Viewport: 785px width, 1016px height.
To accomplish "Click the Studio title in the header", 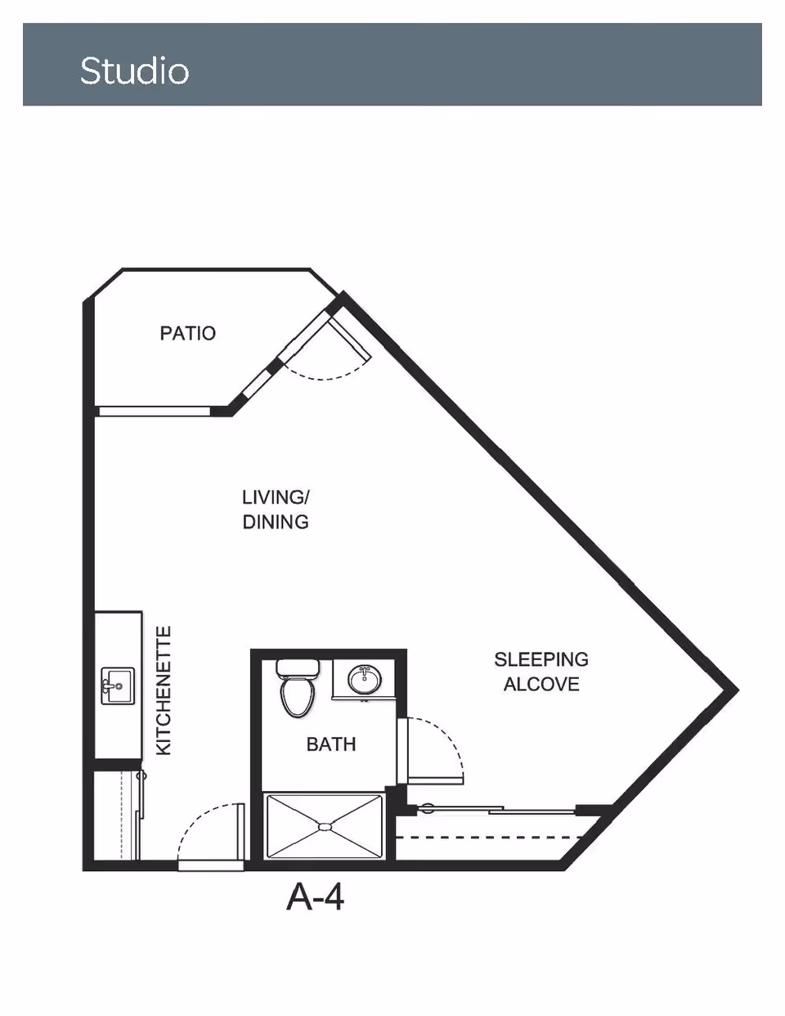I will tap(135, 71).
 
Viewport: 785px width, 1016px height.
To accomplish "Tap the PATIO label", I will tap(187, 333).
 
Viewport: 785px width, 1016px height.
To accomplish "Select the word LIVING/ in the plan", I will tap(276, 497).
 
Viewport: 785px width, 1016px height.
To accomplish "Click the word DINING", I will tap(276, 522).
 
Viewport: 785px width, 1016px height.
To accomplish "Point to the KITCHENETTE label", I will tap(164, 690).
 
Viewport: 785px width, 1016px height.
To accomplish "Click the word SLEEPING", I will tap(541, 659).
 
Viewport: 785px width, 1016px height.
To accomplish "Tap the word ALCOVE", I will tap(541, 684).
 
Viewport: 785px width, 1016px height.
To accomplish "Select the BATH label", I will tap(331, 744).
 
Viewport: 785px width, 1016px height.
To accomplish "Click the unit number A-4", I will tap(316, 897).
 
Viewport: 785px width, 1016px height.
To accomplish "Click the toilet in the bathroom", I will tap(296, 695).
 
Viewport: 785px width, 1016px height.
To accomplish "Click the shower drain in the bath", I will tap(325, 827).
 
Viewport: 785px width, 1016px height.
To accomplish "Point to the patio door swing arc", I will tap(331, 377).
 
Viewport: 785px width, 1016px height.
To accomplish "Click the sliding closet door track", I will tap(499, 810).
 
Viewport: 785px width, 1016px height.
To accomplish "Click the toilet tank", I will tap(296, 668).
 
